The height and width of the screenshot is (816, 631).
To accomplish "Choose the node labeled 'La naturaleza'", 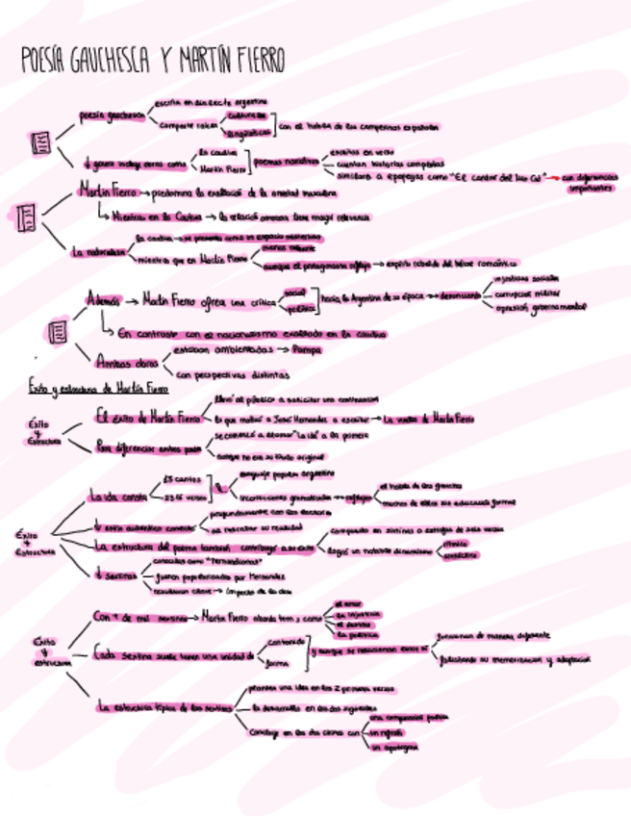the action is [99, 251].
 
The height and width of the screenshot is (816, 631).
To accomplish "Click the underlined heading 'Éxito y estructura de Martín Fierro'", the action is [98, 389].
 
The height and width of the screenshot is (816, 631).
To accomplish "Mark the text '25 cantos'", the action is [181, 479].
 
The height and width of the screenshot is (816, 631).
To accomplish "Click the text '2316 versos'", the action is [184, 497].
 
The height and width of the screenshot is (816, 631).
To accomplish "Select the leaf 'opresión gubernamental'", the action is [540, 308].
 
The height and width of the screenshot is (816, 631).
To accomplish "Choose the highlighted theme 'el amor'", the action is [347, 602].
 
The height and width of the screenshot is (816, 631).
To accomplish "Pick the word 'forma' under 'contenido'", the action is [277, 663].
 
